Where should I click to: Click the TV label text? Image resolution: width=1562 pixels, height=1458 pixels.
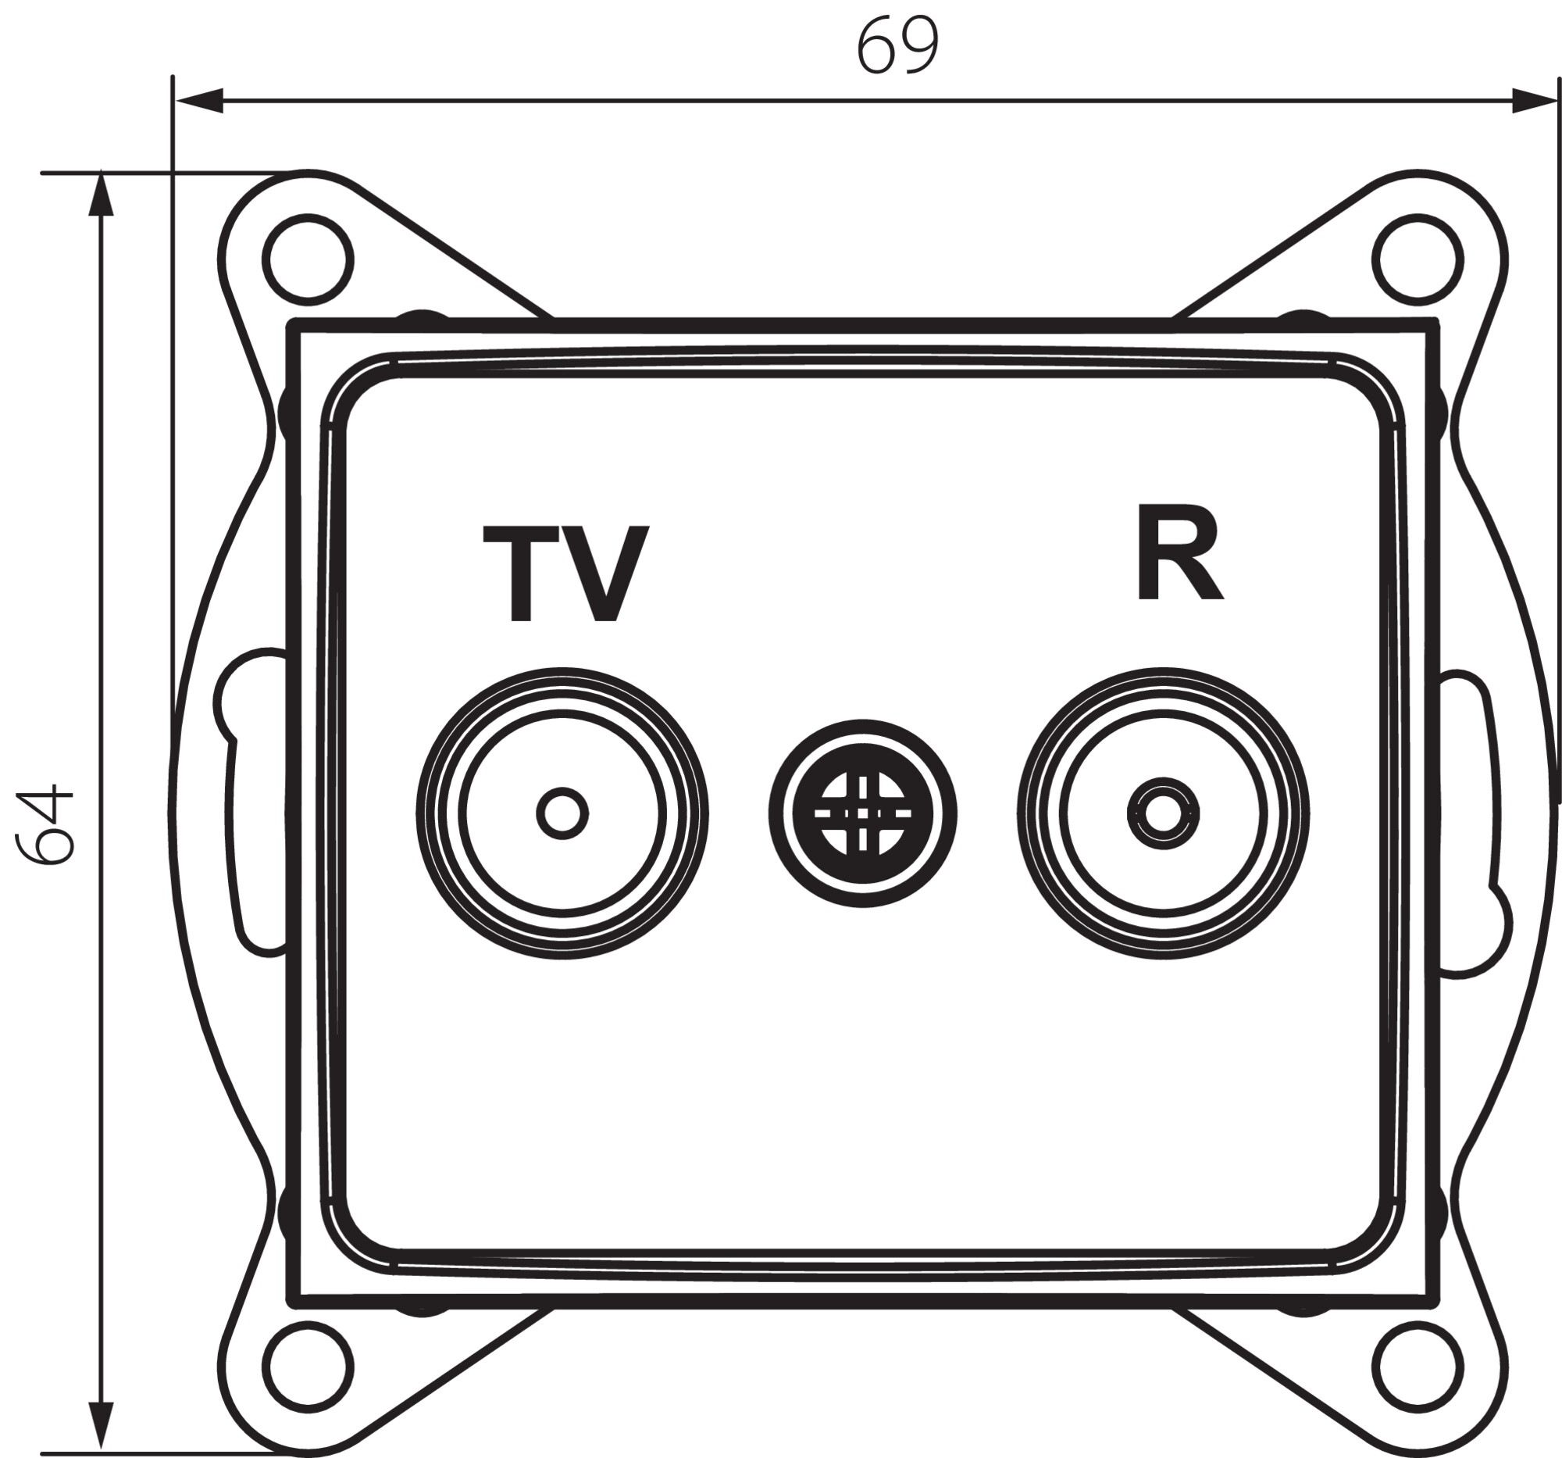565,574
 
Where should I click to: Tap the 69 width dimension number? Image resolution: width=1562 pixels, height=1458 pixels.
897,46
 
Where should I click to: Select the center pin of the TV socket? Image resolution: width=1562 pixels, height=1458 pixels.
562,813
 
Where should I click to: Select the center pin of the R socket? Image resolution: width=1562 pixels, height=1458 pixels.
1163,813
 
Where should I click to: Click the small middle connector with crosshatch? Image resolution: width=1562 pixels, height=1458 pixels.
863,813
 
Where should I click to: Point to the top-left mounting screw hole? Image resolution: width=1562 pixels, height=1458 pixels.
307,259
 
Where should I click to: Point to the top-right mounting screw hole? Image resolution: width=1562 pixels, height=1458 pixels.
1418,259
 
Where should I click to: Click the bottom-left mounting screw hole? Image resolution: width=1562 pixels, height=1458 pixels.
307,1365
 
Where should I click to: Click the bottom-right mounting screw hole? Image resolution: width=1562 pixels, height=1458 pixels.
1418,1365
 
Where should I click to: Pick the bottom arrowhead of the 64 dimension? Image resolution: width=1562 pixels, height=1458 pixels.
101,1429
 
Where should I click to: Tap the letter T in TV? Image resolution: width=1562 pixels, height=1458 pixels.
520,574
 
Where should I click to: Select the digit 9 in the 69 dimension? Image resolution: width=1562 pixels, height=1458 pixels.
919,46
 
